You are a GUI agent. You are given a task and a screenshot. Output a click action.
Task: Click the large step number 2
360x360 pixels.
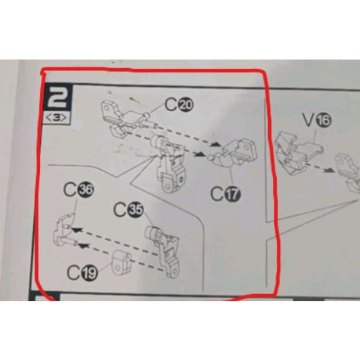(57, 97)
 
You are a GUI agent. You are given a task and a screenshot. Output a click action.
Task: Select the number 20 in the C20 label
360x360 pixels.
(186, 105)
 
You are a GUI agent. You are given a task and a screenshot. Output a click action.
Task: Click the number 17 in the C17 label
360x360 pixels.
(232, 194)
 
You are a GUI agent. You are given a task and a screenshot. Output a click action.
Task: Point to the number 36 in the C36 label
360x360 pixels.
(86, 189)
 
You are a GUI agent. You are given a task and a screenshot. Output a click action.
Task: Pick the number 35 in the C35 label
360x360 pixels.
(136, 210)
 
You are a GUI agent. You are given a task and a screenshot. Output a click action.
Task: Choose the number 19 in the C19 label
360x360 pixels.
(90, 273)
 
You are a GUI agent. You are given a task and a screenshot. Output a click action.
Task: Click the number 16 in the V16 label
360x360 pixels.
(323, 120)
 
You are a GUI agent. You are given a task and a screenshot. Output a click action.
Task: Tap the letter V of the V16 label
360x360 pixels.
(308, 120)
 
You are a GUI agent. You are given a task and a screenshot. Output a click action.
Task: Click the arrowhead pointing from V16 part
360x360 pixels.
(331, 170)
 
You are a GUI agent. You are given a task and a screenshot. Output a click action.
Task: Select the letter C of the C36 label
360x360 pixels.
(70, 189)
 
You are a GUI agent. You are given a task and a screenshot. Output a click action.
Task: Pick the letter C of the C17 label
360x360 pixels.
(217, 194)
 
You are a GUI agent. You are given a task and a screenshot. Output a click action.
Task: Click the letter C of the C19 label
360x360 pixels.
(74, 273)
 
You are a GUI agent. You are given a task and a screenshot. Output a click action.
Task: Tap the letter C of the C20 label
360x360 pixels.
(171, 105)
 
